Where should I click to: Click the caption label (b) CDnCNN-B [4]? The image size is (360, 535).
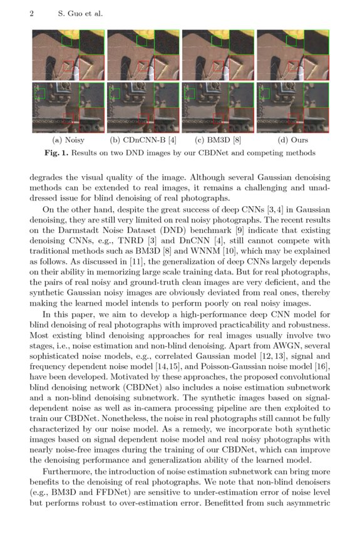(x=143, y=140)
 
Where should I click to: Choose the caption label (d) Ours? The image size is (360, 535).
(x=293, y=140)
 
